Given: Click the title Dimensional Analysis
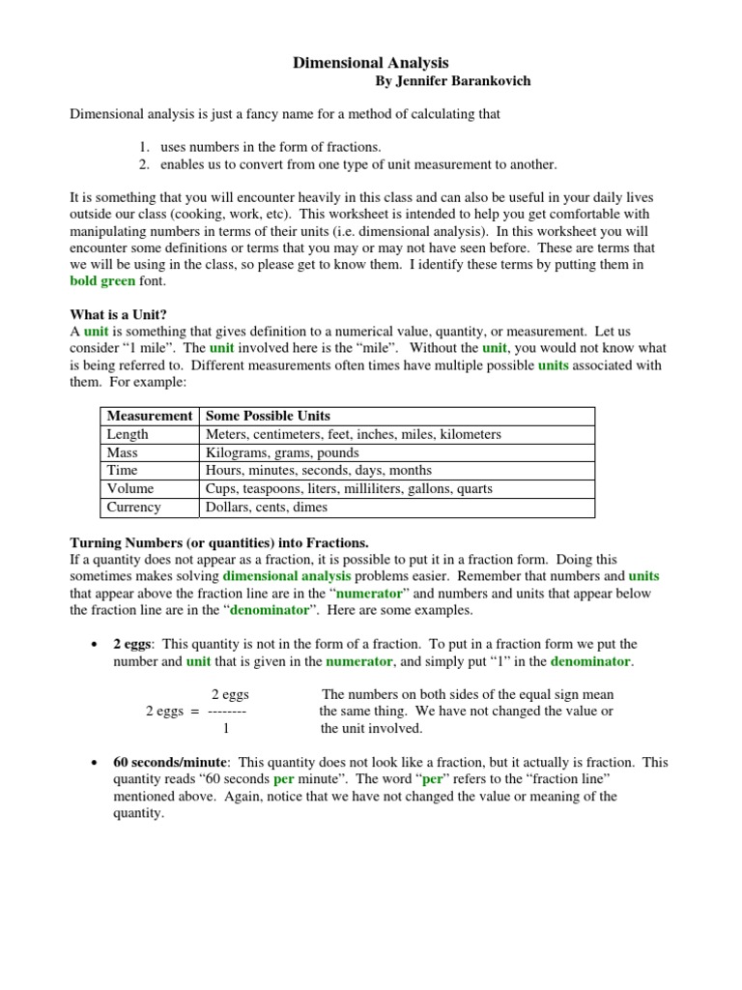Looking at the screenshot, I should (371, 63).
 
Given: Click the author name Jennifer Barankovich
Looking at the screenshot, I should (452, 81).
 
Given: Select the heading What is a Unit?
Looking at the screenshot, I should (118, 314).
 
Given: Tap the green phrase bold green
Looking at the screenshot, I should (104, 280).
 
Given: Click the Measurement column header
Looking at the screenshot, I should (150, 416).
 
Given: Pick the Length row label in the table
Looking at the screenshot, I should (128, 434).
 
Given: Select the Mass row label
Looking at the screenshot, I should (123, 452).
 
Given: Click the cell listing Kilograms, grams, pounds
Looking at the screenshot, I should (282, 452).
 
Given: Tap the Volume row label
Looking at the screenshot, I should (130, 489).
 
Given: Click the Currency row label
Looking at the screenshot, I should (134, 508).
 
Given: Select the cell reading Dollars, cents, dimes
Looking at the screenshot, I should (267, 508).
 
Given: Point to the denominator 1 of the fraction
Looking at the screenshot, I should (226, 729).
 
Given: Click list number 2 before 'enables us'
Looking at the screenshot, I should (142, 164).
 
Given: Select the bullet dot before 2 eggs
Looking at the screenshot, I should (93, 644).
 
